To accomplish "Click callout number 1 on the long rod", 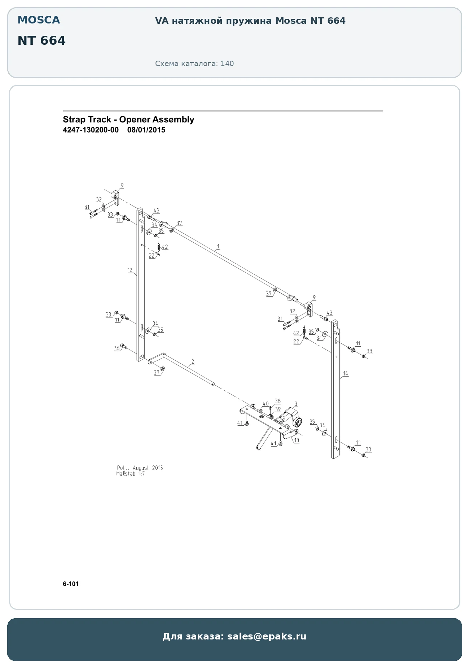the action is click(218, 247).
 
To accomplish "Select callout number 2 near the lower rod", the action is click(193, 361).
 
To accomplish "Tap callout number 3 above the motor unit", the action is click(296, 404).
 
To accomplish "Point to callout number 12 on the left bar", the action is click(130, 270).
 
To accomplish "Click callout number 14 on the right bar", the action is click(346, 374).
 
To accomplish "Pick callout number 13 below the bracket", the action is click(297, 441).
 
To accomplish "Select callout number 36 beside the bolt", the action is click(117, 348).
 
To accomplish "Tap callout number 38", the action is click(277, 401).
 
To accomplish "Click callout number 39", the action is click(277, 409).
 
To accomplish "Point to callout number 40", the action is click(266, 404).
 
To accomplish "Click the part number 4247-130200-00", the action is click(91, 130).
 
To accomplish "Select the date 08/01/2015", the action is click(146, 130).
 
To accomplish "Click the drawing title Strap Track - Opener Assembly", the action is click(128, 120).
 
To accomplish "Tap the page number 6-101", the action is click(71, 584).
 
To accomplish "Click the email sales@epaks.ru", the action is click(267, 636).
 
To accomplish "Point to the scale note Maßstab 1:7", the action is click(131, 474).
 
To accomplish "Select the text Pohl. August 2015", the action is click(140, 468).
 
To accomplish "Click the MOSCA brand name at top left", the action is click(39, 20).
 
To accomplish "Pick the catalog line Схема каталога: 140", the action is click(194, 64).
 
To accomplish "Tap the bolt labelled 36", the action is click(123, 346).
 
